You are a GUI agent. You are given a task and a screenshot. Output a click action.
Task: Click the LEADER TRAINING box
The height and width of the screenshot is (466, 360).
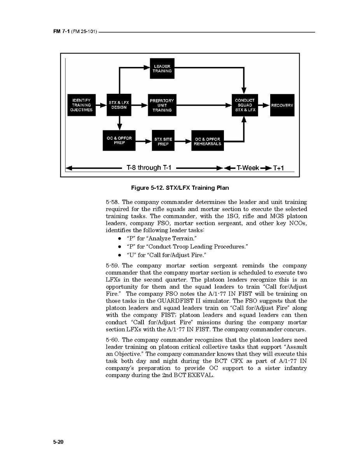pyautogui.click(x=162, y=68)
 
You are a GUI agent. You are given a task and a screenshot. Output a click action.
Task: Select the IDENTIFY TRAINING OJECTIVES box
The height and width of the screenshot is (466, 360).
pyautogui.click(x=82, y=105)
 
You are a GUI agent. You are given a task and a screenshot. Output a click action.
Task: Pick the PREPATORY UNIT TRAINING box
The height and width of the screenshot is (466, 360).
pyautogui.click(x=162, y=105)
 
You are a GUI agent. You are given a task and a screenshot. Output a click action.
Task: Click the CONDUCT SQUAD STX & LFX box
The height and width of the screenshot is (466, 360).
pyautogui.click(x=245, y=105)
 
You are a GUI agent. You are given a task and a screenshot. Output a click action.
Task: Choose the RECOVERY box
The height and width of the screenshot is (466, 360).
pyautogui.click(x=282, y=105)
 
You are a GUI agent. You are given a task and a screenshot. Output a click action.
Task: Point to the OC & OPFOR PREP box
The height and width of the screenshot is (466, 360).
pyautogui.click(x=119, y=140)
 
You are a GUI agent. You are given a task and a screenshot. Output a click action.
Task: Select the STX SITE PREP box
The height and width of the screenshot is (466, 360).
pyautogui.click(x=163, y=141)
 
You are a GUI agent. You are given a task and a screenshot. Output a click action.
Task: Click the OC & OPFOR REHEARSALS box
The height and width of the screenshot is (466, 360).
pyautogui.click(x=208, y=141)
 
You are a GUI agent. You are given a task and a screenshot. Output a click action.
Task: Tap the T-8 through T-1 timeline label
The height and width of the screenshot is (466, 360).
pyautogui.click(x=149, y=168)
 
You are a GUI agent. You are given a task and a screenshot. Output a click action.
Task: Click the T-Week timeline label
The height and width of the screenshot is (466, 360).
pyautogui.click(x=248, y=168)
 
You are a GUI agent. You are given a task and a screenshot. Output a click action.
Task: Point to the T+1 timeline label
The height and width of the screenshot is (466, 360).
pyautogui.click(x=278, y=168)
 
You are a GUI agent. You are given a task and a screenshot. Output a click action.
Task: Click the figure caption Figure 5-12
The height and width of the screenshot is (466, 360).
pyautogui.click(x=180, y=188)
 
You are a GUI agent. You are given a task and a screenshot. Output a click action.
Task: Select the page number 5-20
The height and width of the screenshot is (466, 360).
pyautogui.click(x=58, y=442)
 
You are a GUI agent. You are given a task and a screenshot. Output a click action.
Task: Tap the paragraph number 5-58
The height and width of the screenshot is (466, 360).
pyautogui.click(x=112, y=202)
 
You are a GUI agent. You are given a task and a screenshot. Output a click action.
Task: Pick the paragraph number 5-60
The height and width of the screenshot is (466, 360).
pyautogui.click(x=112, y=340)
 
